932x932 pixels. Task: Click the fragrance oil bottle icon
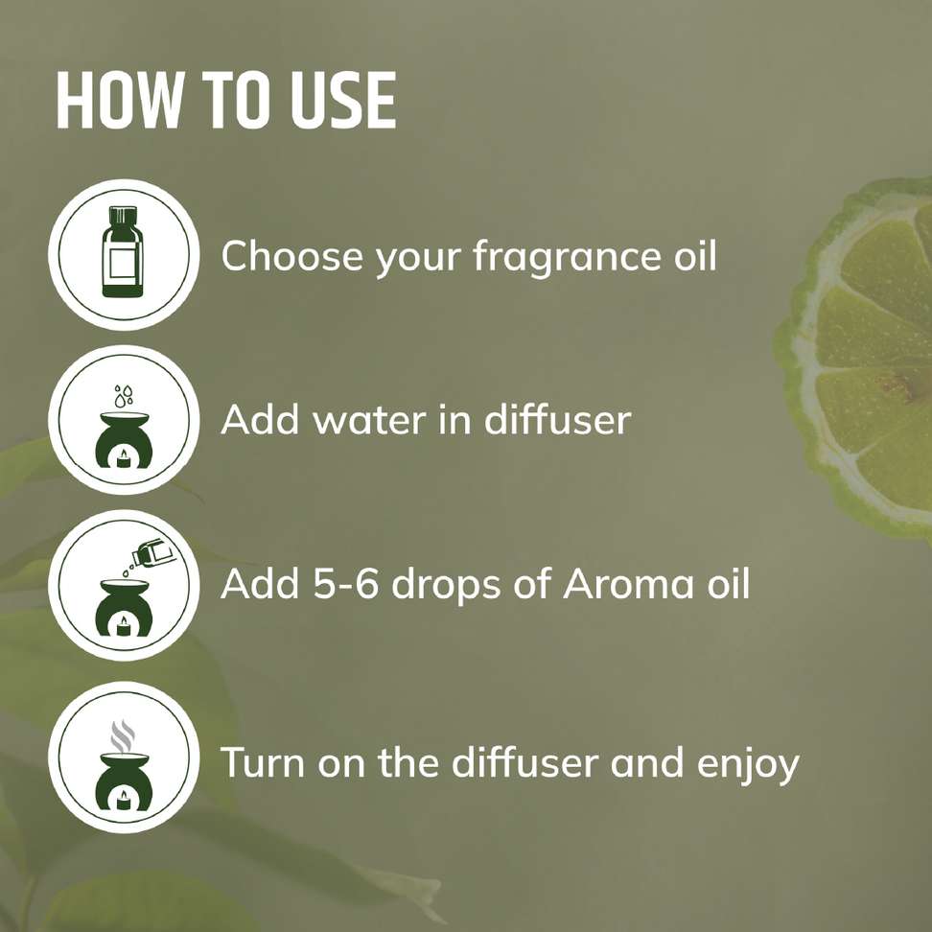click(123, 251)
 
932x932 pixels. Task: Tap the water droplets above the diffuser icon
click(124, 395)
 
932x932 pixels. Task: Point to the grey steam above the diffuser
click(123, 735)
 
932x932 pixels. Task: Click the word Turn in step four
click(263, 762)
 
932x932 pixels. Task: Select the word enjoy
click(748, 765)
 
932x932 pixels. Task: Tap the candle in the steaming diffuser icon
click(124, 800)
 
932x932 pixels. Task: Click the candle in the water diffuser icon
click(124, 458)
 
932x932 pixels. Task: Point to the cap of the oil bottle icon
click(123, 216)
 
